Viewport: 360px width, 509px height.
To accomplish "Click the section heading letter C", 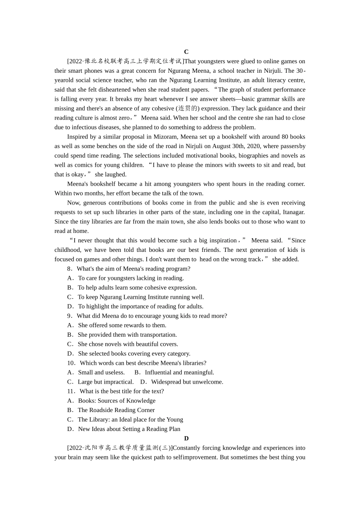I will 186,52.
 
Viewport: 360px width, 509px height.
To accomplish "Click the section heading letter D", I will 186,438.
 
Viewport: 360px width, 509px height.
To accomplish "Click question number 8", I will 70,269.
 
